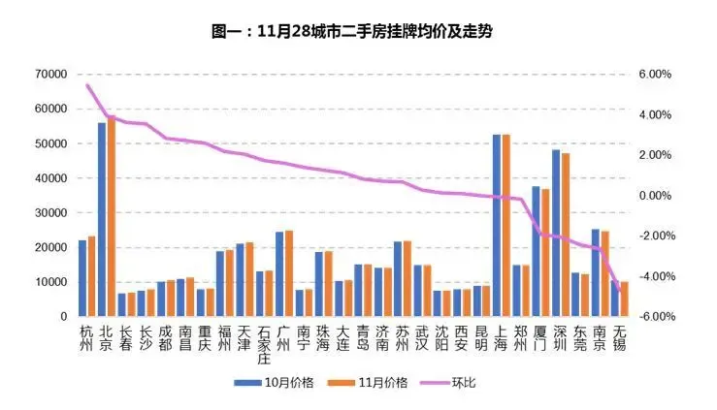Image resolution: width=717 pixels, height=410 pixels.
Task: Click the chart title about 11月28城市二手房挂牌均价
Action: point(358,31)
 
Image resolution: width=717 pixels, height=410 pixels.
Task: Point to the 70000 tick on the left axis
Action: point(51,75)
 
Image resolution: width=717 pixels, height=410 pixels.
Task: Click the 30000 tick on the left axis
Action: point(51,213)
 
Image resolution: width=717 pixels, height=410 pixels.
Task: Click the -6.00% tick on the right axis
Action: point(653,317)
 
